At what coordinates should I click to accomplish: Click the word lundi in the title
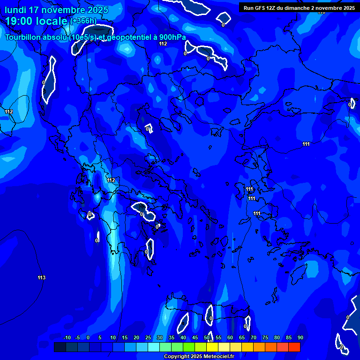tap(16, 10)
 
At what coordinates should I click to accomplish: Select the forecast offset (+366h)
tap(83, 21)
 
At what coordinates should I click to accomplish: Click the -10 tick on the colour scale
tap(67, 338)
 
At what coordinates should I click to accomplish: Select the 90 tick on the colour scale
tap(300, 338)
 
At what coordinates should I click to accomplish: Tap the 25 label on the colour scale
tap(148, 338)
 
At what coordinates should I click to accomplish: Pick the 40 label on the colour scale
tap(183, 338)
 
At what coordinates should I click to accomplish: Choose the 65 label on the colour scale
tap(241, 338)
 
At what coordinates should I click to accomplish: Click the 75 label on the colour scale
tap(265, 338)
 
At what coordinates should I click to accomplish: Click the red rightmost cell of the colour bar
tap(294, 347)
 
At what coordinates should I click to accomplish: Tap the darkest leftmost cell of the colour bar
tap(60, 347)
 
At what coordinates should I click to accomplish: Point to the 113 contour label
tap(42, 278)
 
